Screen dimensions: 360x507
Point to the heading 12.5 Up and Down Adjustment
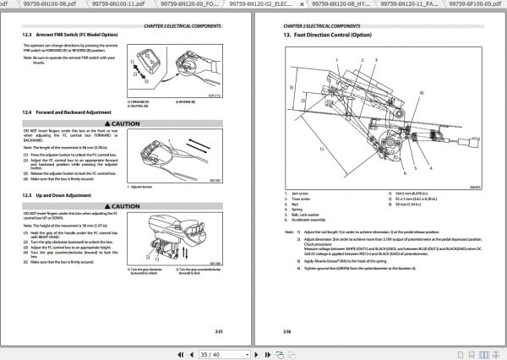[58, 194]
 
